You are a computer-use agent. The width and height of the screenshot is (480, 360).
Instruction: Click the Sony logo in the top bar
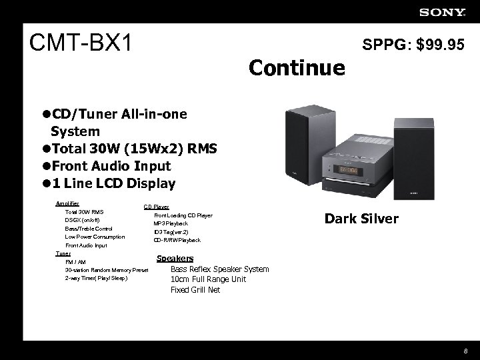click(x=443, y=11)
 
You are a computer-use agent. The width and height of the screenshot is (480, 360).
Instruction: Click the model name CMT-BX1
click(x=82, y=44)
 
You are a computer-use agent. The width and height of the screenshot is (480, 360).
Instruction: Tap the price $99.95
click(x=441, y=45)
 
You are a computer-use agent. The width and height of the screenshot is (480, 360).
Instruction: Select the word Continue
click(x=297, y=67)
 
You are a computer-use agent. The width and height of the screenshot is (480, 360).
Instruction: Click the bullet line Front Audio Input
click(x=106, y=165)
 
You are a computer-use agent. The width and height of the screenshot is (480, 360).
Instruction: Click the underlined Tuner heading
click(x=63, y=253)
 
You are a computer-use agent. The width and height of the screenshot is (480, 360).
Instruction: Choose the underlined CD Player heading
click(x=157, y=207)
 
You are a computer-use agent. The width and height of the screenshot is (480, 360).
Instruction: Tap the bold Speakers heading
click(x=175, y=259)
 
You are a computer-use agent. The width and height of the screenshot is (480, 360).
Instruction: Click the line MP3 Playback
click(x=171, y=223)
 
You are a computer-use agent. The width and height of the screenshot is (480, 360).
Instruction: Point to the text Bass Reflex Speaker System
click(x=220, y=269)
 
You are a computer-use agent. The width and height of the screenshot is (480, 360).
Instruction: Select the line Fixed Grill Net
click(x=195, y=290)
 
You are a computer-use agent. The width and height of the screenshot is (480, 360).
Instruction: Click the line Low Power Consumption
click(x=95, y=237)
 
